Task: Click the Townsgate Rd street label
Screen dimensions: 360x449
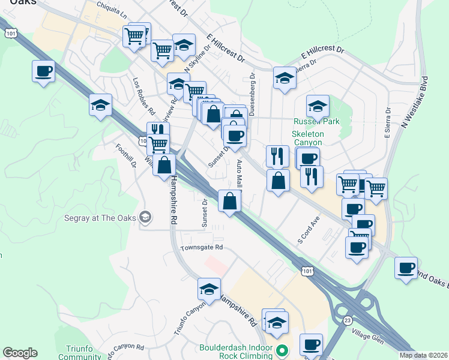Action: (202, 247)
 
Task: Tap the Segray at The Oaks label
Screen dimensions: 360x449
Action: (101, 217)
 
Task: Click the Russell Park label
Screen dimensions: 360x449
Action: (316, 122)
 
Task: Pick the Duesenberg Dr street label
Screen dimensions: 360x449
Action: (252, 94)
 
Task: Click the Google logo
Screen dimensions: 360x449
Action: (20, 353)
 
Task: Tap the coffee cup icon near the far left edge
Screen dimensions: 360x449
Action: (44, 72)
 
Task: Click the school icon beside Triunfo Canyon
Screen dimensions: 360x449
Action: (209, 290)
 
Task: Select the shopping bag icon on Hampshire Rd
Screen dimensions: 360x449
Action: (164, 165)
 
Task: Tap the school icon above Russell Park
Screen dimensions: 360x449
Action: (318, 106)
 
